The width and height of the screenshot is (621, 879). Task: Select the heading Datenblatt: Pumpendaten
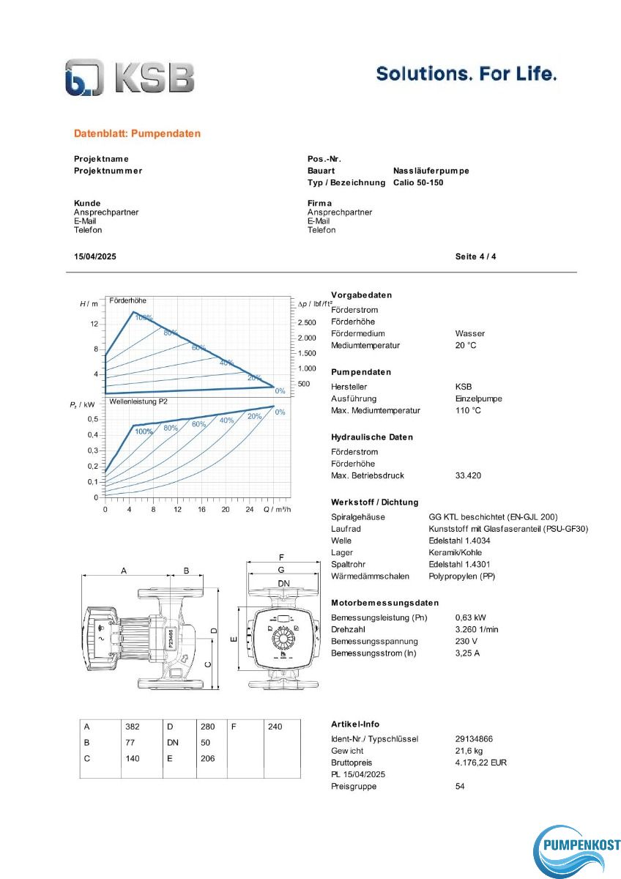[x=137, y=134]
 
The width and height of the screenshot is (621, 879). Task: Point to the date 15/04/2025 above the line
[x=95, y=257]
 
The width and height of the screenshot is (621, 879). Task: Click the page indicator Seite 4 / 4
[x=475, y=257]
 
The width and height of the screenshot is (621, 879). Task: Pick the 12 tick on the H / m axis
[x=94, y=324]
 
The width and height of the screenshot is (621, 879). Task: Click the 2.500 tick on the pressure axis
[x=306, y=323]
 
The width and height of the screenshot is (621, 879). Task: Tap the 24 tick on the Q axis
[x=250, y=509]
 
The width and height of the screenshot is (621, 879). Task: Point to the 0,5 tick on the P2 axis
[x=93, y=420]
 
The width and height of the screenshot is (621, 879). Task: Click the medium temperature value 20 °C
[x=466, y=345]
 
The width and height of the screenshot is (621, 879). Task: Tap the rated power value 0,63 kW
[x=470, y=617]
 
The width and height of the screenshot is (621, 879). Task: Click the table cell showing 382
[x=132, y=727]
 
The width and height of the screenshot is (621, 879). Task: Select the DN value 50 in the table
[x=205, y=743]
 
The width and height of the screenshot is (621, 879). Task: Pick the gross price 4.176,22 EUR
[x=480, y=763]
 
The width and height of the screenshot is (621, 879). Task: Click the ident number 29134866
[x=474, y=739]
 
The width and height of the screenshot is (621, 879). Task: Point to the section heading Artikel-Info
[x=355, y=724]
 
